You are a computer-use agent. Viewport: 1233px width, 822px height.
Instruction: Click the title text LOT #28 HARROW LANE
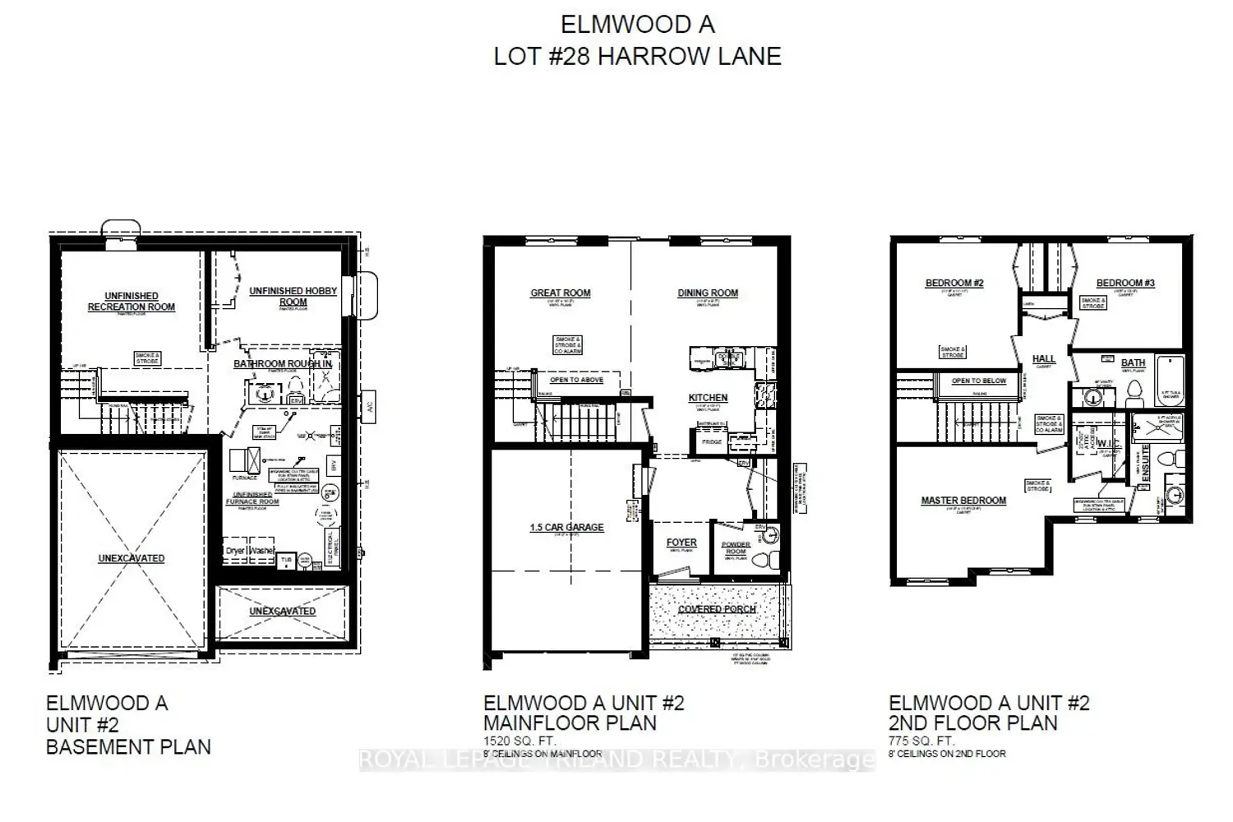point(637,56)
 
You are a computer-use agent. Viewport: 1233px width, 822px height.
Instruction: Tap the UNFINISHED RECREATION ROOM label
point(132,302)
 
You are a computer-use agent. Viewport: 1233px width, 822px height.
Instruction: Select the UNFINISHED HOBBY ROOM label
point(293,296)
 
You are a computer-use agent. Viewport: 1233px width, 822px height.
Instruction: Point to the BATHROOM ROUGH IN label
point(283,363)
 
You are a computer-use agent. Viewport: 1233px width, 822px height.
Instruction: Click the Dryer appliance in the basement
point(235,550)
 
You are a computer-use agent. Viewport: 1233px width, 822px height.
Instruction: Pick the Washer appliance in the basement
point(261,550)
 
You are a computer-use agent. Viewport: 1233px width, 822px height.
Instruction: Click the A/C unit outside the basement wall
point(369,406)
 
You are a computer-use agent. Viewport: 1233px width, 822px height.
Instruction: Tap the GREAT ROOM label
point(561,293)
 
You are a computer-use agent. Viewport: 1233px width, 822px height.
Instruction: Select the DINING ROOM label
point(708,293)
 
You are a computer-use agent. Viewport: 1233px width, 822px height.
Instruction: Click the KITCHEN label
point(708,398)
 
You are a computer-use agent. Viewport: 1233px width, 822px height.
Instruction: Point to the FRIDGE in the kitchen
point(712,442)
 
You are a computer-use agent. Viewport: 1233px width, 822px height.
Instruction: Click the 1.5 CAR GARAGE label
point(567,527)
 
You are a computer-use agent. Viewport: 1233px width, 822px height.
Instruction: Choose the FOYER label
point(681,543)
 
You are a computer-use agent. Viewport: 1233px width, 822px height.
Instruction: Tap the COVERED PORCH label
point(717,609)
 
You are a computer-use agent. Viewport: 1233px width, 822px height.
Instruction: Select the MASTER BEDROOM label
point(963,500)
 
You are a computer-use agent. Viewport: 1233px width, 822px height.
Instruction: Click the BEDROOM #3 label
point(1125,283)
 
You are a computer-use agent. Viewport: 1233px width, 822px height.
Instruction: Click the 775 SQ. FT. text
point(922,741)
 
